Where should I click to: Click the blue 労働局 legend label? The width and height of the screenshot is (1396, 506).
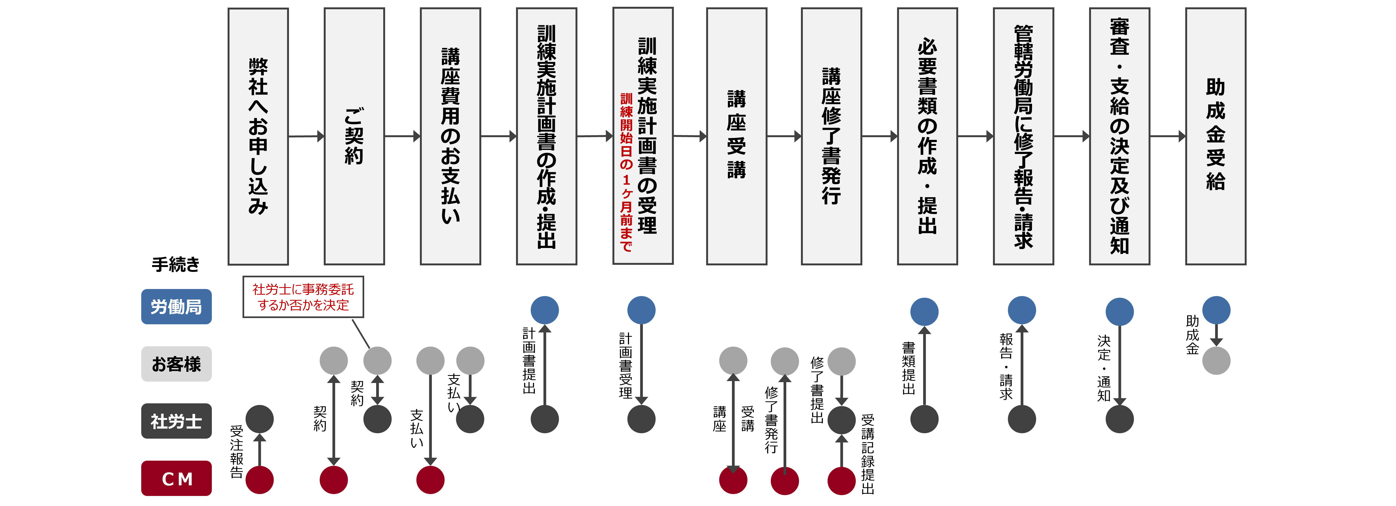[x=176, y=307]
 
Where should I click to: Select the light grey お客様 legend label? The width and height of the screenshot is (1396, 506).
[x=176, y=364]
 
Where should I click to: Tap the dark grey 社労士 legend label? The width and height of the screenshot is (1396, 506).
[x=176, y=421]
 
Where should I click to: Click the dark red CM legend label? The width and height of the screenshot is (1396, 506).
[x=176, y=478]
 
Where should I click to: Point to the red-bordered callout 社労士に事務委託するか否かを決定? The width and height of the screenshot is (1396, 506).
[x=303, y=297]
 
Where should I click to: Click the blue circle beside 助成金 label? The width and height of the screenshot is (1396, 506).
[x=1216, y=310]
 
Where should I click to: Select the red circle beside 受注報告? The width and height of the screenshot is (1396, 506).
[x=260, y=480]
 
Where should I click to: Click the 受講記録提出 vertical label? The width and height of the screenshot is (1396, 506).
[x=868, y=454]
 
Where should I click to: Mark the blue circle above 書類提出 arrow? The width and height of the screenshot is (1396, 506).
[x=925, y=312]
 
